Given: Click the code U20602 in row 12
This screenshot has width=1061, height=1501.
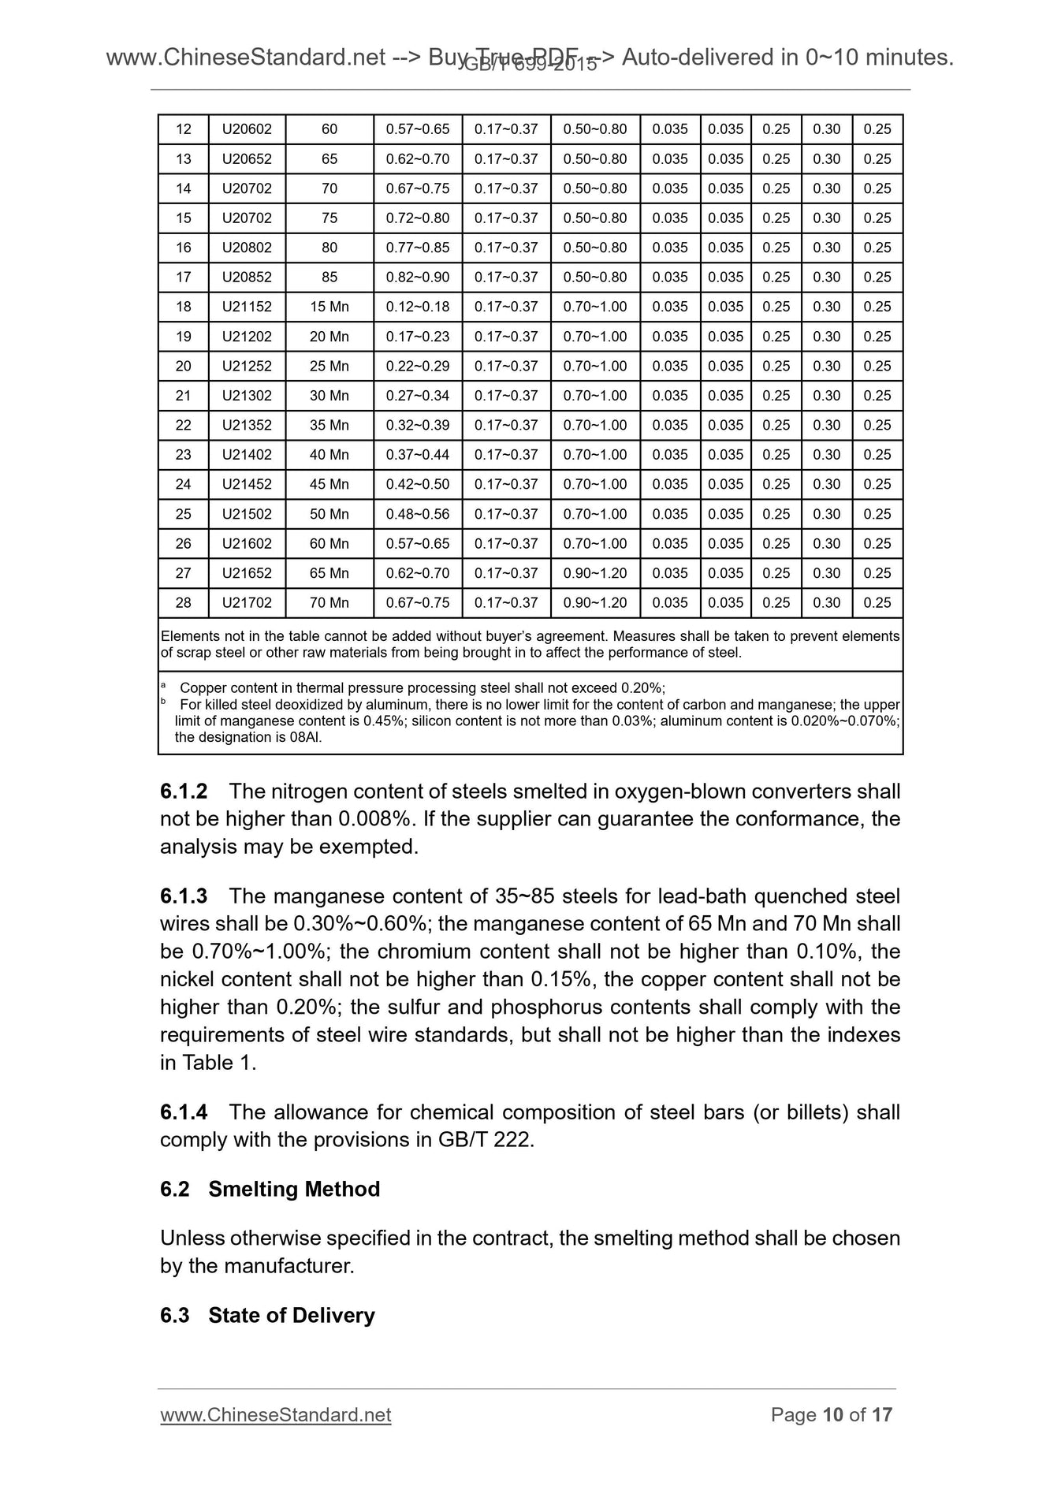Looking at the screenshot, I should (x=247, y=129).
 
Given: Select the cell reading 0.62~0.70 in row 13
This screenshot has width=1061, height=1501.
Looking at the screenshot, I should (x=417, y=159).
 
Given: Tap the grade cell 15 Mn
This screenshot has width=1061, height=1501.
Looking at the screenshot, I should (x=329, y=307).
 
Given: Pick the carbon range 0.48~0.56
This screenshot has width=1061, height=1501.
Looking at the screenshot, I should (x=417, y=514).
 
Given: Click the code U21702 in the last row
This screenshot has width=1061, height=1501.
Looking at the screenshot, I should (x=247, y=603).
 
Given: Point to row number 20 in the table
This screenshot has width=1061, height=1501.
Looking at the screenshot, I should (x=183, y=366).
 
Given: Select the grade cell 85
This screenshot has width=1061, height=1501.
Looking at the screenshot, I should (x=329, y=277).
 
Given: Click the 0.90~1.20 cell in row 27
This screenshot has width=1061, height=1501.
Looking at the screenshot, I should (x=594, y=573).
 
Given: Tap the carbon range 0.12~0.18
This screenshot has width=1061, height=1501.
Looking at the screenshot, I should (x=417, y=307).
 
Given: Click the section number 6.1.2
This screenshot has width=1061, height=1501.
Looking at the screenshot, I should (x=184, y=791).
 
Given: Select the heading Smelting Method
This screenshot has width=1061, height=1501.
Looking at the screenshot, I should (x=294, y=1189).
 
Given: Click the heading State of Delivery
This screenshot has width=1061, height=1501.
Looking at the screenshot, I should (x=292, y=1315).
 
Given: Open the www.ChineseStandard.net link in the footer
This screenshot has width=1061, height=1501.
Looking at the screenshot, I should (x=275, y=1415).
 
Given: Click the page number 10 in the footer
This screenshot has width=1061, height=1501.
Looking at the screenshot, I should (x=832, y=1415).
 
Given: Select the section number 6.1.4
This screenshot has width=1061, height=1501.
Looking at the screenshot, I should (x=184, y=1112).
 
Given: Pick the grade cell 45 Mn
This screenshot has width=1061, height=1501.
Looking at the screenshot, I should (x=329, y=484).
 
